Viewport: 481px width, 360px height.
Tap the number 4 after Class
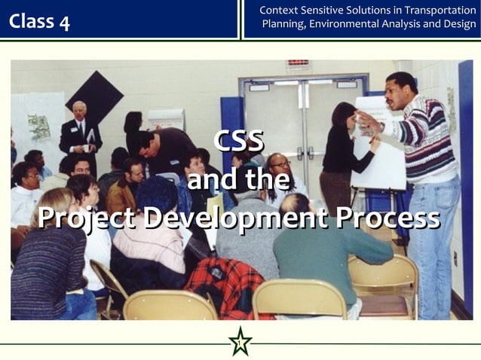coord(64,22)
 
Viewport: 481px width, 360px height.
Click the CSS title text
coord(238,140)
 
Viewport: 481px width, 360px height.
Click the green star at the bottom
coord(240,342)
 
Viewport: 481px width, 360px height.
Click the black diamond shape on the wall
coord(94,96)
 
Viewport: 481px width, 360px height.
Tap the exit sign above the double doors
coord(298,63)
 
